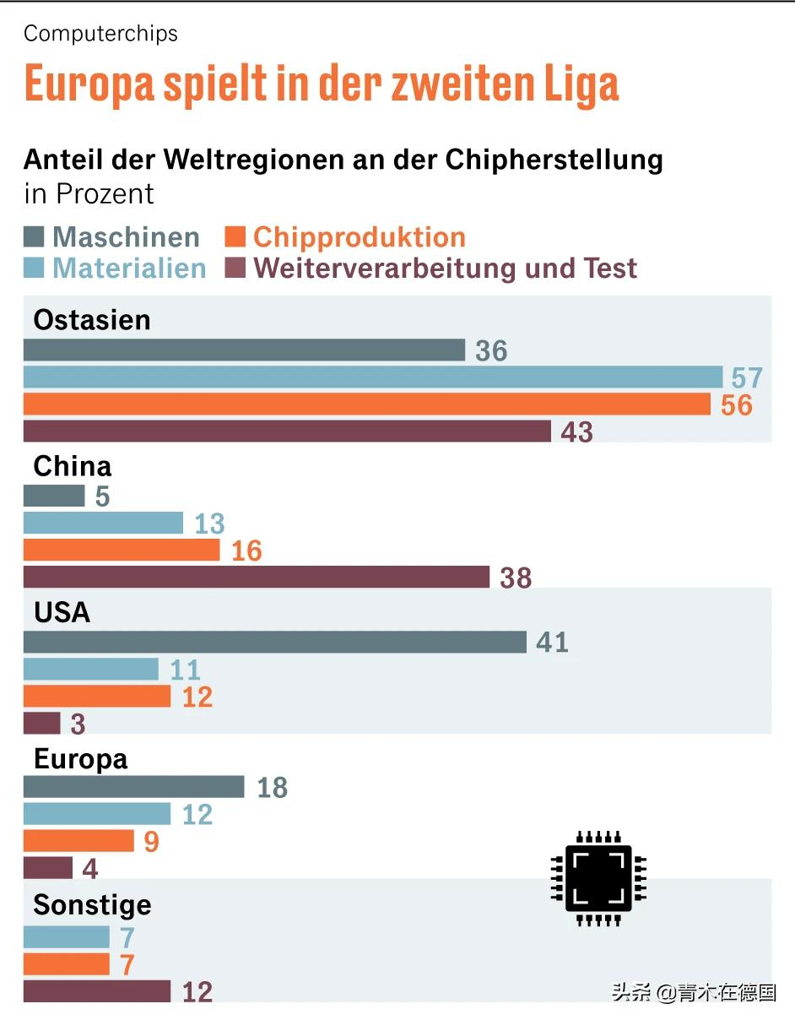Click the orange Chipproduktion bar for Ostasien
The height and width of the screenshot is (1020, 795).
coord(367,404)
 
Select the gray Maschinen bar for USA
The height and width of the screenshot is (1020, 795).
coord(274,643)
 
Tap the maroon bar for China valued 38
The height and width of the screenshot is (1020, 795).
coord(256,578)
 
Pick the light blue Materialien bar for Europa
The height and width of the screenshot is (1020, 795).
coord(96,814)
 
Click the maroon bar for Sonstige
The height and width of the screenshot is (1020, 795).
coord(96,991)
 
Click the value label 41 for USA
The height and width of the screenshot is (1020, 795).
coord(552,643)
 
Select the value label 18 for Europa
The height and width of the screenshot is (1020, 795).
coord(272,788)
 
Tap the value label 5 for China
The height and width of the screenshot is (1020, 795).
coord(102,496)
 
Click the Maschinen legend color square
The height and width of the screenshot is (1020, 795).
coord(34,237)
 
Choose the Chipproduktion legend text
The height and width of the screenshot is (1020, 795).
coord(360,237)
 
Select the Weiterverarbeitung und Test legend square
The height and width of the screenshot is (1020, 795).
coord(235,269)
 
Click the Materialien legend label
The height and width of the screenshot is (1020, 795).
coord(129,269)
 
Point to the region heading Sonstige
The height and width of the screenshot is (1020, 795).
coord(92,905)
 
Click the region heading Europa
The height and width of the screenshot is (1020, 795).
coord(80,759)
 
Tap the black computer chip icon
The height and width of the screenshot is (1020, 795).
coord(598,878)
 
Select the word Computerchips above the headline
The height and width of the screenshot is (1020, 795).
coord(100,34)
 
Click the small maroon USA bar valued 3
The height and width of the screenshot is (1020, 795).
coord(41,724)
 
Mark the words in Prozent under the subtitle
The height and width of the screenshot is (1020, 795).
coord(89,193)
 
